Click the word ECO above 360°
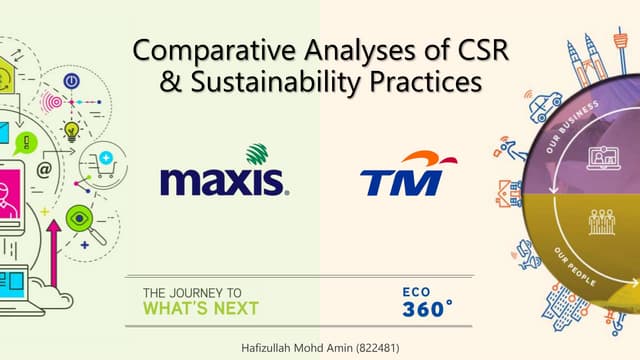(x=417, y=291)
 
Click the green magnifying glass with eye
(x=81, y=218)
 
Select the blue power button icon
(x=71, y=80)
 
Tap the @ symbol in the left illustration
(x=44, y=171)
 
